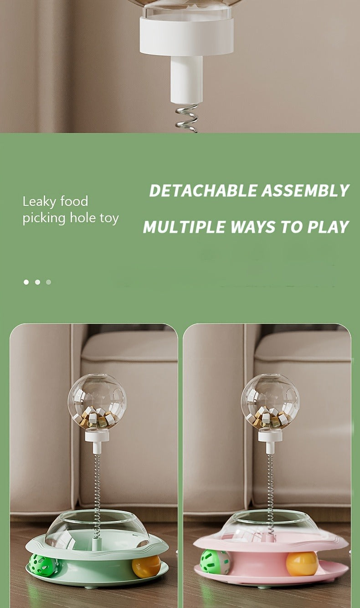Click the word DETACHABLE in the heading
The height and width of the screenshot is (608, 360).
pyautogui.click(x=203, y=190)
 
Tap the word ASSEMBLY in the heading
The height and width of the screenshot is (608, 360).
pyautogui.click(x=305, y=190)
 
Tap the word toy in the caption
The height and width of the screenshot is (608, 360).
pyautogui.click(x=109, y=219)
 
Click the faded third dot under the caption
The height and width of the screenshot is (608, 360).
pyautogui.click(x=49, y=282)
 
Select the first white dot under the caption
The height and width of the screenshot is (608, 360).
pyautogui.click(x=26, y=282)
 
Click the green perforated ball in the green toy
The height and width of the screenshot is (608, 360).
pyautogui.click(x=43, y=566)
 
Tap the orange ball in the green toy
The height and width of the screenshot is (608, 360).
pyautogui.click(x=147, y=567)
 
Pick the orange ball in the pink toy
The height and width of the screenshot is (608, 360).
pyautogui.click(x=302, y=563)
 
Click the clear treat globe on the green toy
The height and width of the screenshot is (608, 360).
pyautogui.click(x=97, y=402)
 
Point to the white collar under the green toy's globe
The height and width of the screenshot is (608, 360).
pyautogui.click(x=97, y=436)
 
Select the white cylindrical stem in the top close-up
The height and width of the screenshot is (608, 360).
pyautogui.click(x=186, y=79)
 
